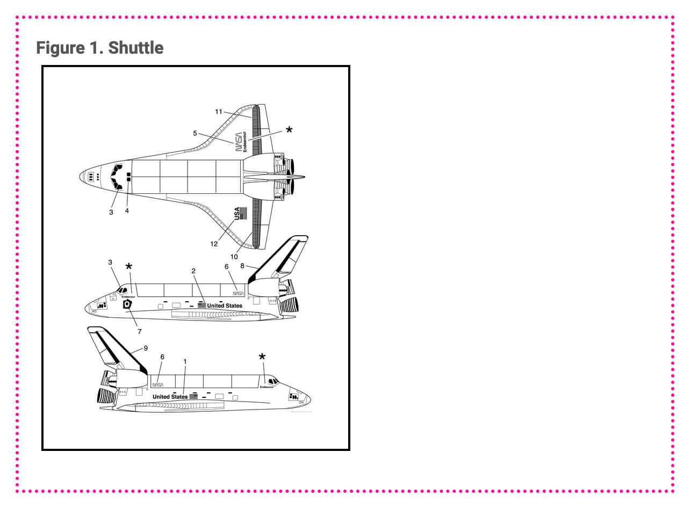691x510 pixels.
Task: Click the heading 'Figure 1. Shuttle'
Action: [99, 48]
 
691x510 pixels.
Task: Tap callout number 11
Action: [218, 112]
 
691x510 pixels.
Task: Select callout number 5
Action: [195, 133]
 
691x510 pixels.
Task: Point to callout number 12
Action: [214, 244]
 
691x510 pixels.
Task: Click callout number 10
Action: [234, 257]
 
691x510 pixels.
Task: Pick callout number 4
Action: [127, 211]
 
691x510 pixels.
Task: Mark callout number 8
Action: [242, 265]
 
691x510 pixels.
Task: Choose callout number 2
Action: [193, 271]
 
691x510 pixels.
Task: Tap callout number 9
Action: [146, 348]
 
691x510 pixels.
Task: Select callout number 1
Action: [185, 361]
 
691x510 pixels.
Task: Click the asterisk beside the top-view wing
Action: [289, 130]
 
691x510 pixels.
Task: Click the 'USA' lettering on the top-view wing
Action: [237, 214]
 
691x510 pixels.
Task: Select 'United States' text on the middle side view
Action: [225, 305]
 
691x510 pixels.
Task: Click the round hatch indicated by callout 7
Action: [127, 305]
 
